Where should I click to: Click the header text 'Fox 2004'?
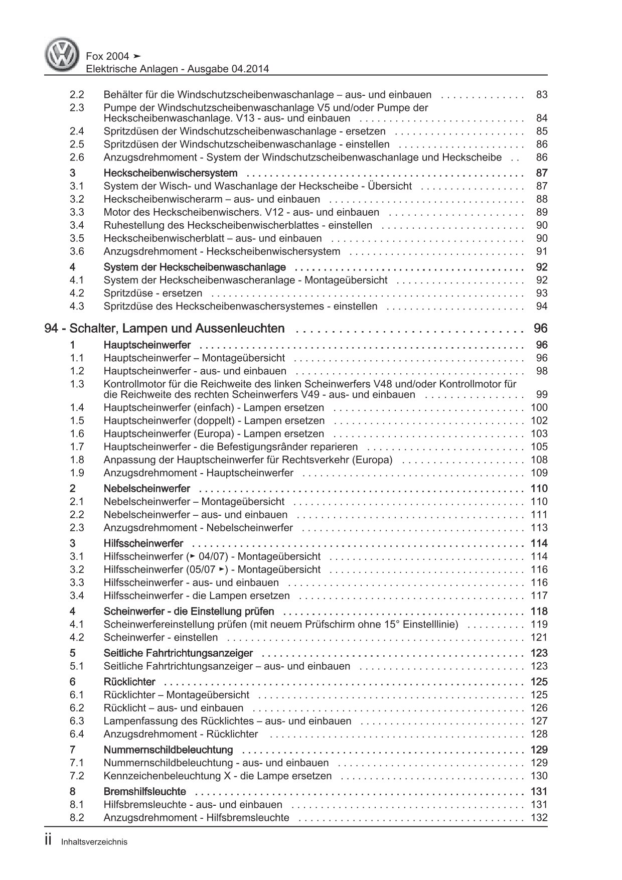click(106, 56)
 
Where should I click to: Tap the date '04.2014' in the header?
click(251, 69)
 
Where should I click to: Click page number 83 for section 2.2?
click(542, 95)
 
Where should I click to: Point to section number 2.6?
click(77, 158)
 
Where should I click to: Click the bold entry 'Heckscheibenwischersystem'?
click(170, 173)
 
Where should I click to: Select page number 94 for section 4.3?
click(542, 306)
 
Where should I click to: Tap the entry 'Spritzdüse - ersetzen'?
click(152, 293)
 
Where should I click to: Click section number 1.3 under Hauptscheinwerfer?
click(77, 384)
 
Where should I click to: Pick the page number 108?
click(539, 460)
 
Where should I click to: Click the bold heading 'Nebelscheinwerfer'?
click(146, 488)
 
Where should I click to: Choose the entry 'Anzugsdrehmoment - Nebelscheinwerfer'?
click(198, 527)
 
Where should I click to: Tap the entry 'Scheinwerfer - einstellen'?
click(161, 637)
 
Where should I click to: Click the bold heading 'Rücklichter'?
click(129, 681)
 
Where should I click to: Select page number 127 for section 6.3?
click(539, 721)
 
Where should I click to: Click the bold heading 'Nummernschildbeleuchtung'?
click(168, 750)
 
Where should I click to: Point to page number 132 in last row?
click(539, 817)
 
